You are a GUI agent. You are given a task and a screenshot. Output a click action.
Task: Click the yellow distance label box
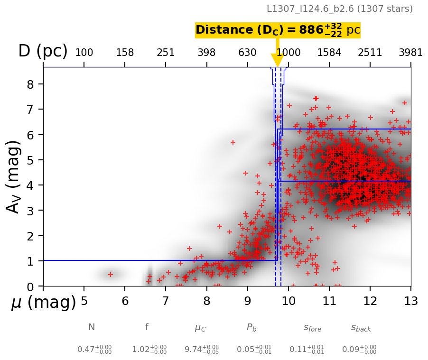278,30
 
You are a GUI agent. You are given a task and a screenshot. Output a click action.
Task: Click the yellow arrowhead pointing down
277,60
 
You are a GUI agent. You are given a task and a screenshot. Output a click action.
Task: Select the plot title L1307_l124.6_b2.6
339,9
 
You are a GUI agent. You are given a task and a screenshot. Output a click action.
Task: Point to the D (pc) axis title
43,51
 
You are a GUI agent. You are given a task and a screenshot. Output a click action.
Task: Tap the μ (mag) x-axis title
44,302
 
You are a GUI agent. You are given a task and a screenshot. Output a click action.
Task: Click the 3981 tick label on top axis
410,53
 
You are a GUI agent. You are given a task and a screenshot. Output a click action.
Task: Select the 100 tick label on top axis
84,53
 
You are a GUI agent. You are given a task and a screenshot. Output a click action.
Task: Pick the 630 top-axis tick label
247,53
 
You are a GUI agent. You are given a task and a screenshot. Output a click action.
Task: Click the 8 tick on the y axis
33,84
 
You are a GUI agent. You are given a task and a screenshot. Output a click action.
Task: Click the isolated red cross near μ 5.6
111,274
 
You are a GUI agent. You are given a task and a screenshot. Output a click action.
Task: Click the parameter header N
92,327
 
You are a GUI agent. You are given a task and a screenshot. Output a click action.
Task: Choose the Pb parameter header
251,327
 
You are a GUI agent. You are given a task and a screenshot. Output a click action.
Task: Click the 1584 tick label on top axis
329,53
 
